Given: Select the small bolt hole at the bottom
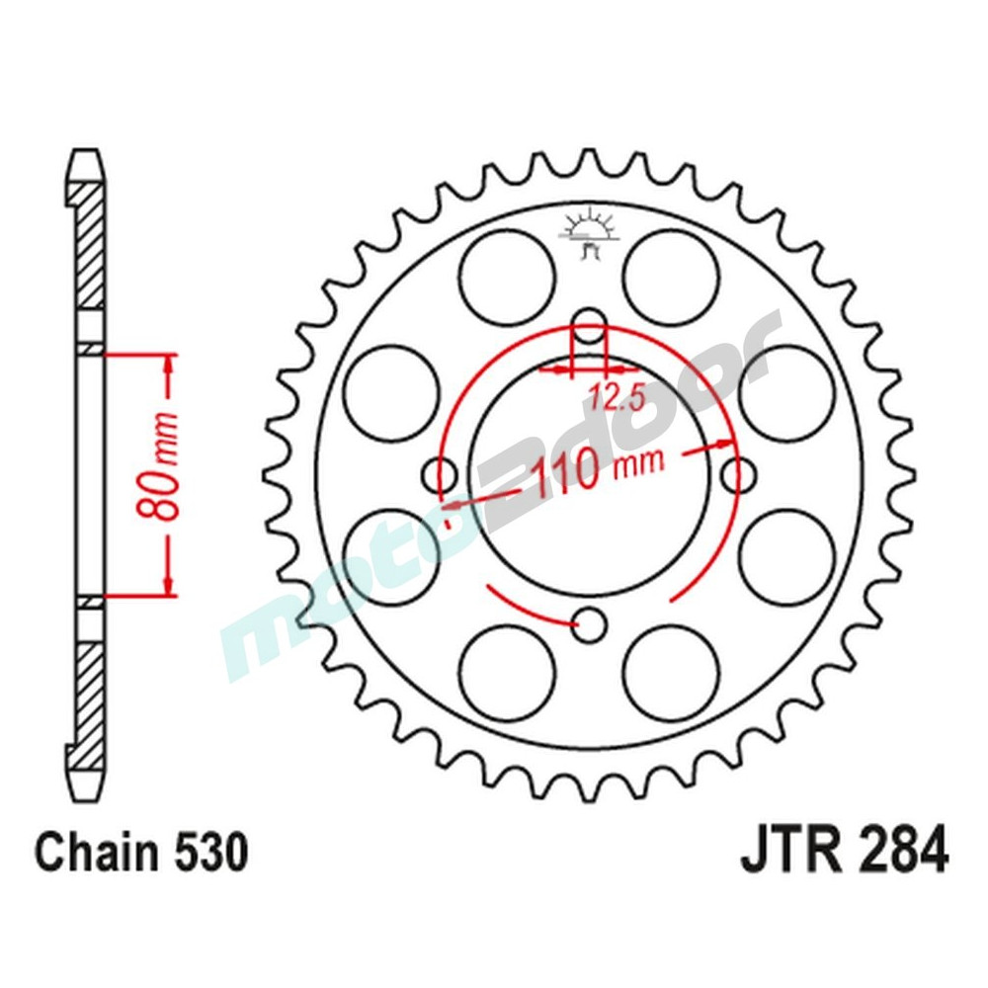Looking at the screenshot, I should tap(590, 624).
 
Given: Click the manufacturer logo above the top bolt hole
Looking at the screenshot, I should tap(589, 232).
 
